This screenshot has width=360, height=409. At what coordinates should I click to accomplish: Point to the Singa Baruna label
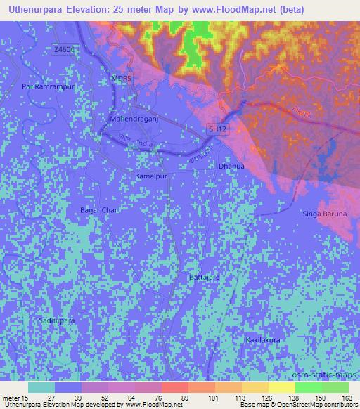[326, 214]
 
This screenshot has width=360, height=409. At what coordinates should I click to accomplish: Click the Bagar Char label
[99, 210]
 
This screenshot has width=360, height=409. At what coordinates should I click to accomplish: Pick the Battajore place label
[205, 278]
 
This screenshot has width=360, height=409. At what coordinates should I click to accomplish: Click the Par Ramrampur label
[48, 86]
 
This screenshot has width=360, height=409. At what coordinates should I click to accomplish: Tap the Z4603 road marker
[63, 49]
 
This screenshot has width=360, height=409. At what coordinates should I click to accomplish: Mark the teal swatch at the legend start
[41, 387]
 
